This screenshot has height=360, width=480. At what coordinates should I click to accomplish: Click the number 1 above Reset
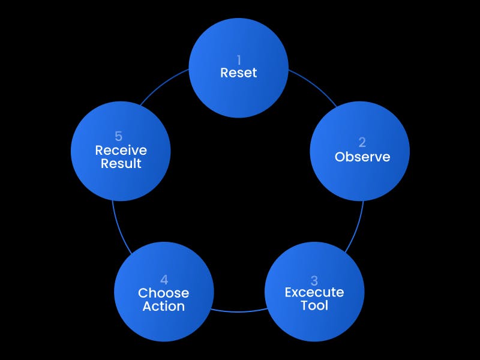[239, 60]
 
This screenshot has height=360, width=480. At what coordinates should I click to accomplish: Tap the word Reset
[239, 73]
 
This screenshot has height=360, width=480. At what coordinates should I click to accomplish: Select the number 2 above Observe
[362, 143]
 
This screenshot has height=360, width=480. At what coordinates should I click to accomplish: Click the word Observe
[362, 157]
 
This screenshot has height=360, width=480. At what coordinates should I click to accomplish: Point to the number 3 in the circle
[314, 280]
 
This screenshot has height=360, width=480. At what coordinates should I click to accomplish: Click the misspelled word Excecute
[314, 293]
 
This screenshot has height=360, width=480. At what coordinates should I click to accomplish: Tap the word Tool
[314, 306]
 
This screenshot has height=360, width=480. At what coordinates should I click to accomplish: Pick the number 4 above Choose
[164, 280]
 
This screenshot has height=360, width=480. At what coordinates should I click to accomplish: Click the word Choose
[164, 293]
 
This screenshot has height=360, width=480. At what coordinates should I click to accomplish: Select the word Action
[164, 306]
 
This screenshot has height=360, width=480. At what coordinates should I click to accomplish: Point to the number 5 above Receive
[119, 137]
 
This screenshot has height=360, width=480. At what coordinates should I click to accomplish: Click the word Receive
[121, 150]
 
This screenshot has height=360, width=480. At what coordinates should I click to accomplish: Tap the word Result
[121, 163]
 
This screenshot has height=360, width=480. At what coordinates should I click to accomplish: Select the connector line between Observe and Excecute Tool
[358, 225]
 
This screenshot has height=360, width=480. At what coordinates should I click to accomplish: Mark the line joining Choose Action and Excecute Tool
[239, 311]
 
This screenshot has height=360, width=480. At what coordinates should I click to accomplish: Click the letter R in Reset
[224, 73]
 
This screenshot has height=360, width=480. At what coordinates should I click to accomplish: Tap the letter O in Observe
[340, 157]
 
